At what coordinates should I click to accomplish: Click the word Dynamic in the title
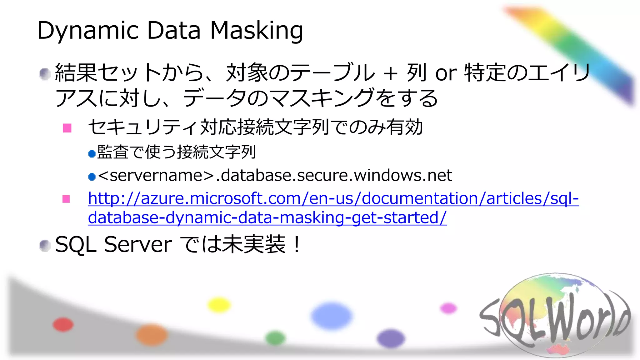[88, 31]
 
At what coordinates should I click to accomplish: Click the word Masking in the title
[257, 31]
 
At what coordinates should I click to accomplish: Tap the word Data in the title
[173, 31]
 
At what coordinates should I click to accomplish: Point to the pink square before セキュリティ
[67, 128]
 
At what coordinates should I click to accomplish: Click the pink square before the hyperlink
[66, 199]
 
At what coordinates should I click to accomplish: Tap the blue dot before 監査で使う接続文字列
[92, 153]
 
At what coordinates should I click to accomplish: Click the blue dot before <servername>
[92, 177]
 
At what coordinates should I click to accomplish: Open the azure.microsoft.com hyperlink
[333, 199]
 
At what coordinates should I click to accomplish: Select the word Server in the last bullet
[138, 245]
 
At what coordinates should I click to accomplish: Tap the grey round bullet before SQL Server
[45, 246]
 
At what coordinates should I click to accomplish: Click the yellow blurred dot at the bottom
[219, 305]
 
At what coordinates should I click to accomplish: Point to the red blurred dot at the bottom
[63, 324]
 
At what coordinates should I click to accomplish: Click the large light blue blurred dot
[332, 316]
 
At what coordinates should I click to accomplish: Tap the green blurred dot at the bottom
[275, 338]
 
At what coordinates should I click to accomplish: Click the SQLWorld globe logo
[555, 316]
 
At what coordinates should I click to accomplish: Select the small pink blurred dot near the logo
[448, 308]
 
